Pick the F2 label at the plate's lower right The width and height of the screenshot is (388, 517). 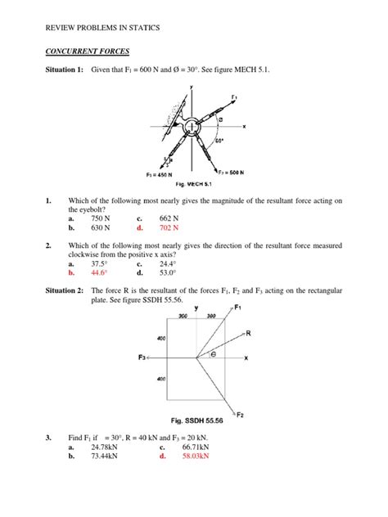pyautogui.click(x=240, y=414)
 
